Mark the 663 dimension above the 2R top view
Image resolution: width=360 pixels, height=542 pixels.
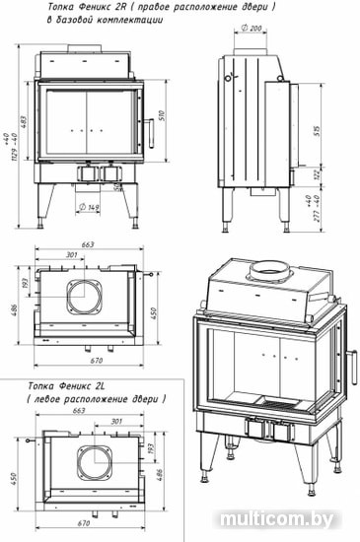click(x=88, y=245)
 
